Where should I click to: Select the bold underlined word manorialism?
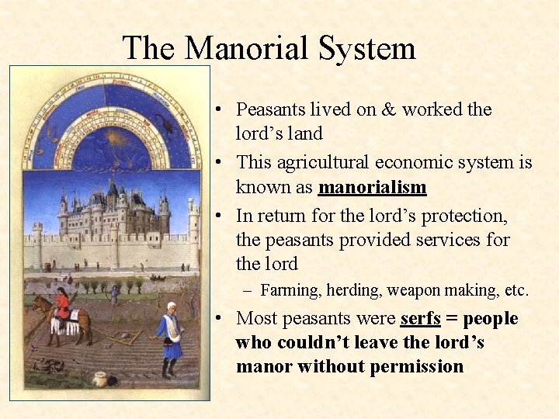pyautogui.click(x=372, y=187)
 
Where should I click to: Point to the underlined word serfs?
pyautogui.click(x=420, y=319)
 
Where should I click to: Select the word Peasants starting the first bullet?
pyautogui.click(x=271, y=109)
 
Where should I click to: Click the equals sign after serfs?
pyautogui.click(x=451, y=319)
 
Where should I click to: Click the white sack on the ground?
pyautogui.click(x=99, y=377)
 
